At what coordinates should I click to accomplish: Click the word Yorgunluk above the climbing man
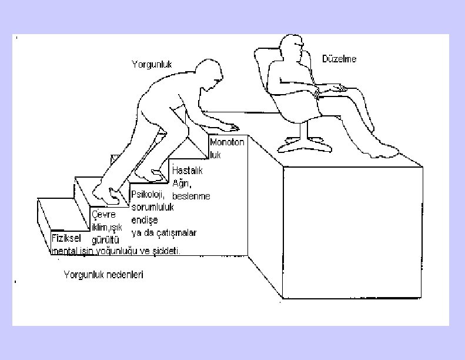[152, 65]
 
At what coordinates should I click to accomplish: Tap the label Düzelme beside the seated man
[339, 59]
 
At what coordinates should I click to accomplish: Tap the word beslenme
[191, 195]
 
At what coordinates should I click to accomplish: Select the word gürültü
[106, 241]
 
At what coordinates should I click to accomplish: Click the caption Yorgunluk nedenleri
[103, 275]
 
